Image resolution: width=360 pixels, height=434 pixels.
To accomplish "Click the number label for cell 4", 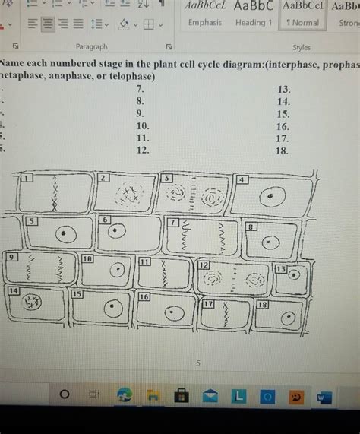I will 242,180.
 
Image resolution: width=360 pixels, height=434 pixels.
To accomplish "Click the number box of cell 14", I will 13,291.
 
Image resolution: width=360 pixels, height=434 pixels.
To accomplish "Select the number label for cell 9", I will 11,257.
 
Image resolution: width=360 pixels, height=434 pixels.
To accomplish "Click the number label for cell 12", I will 204,265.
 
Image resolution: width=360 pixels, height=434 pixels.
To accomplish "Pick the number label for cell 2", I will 103,177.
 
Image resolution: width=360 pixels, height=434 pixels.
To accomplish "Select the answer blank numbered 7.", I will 139,88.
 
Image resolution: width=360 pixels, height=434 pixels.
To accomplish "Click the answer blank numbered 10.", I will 142,125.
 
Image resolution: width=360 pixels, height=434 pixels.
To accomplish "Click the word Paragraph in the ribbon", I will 91,47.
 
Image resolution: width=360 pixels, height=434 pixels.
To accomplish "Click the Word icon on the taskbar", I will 323,397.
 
